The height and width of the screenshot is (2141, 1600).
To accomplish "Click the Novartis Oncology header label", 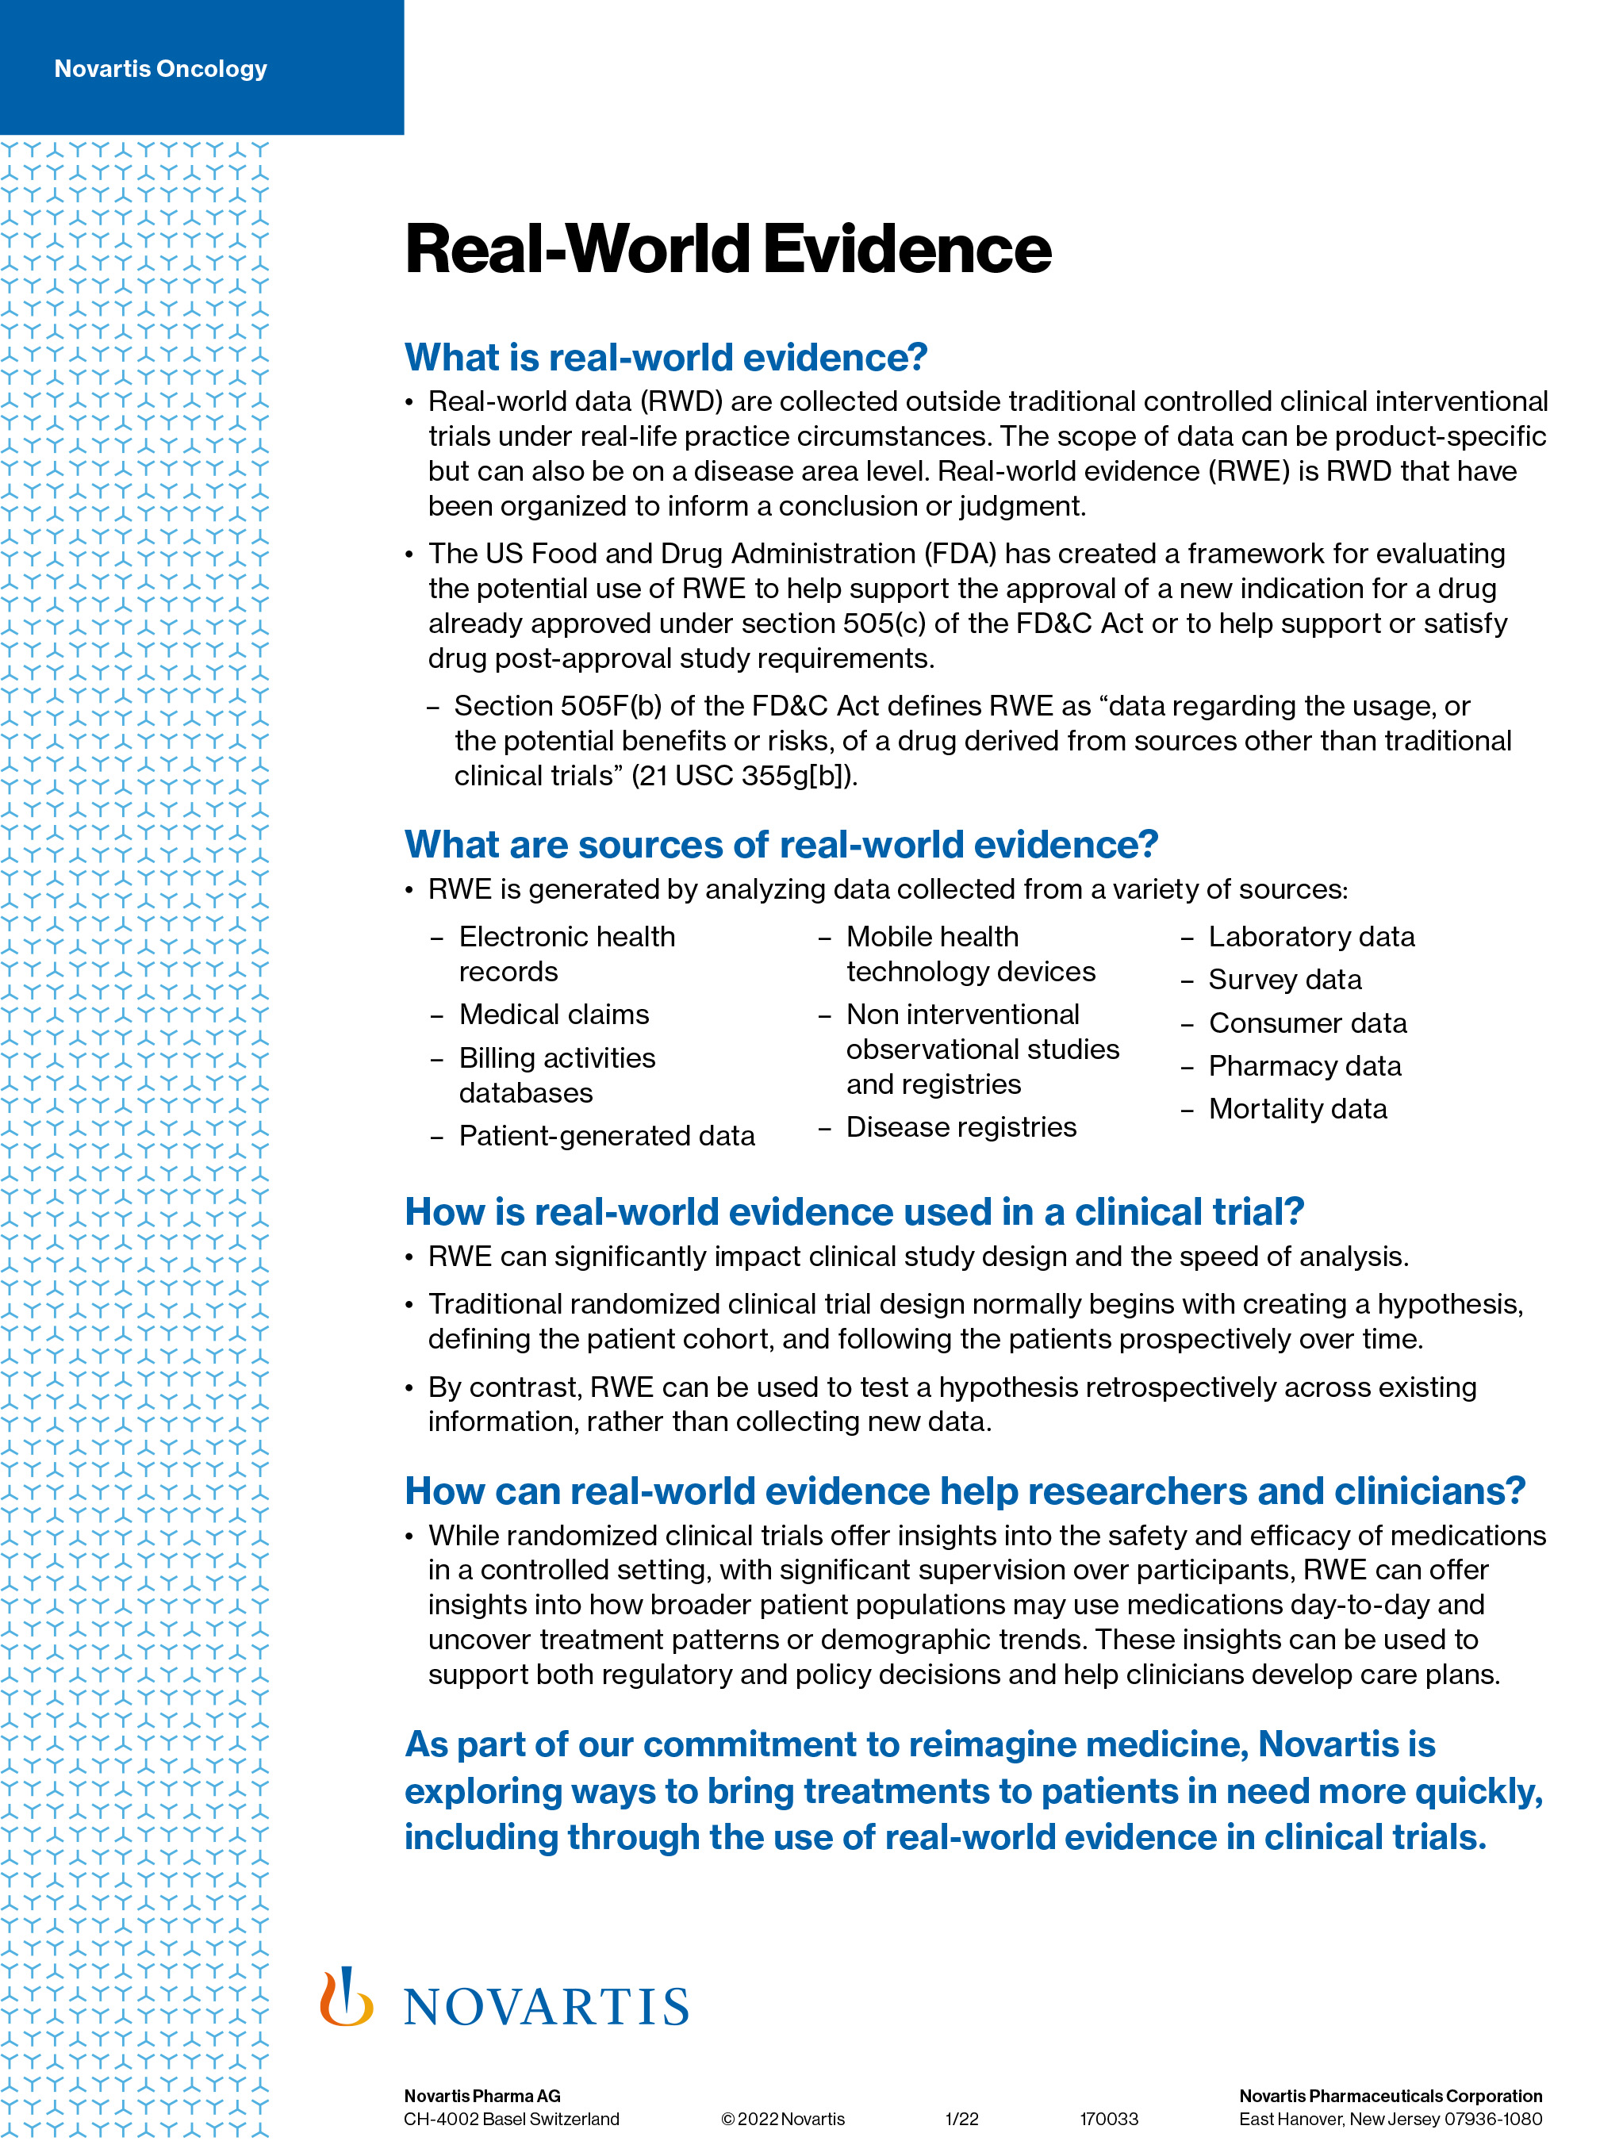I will (161, 69).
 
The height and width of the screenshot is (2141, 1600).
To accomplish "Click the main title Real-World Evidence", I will (728, 249).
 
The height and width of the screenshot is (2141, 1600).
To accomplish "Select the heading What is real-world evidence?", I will (666, 357).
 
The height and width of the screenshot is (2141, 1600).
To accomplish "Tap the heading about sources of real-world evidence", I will (781, 844).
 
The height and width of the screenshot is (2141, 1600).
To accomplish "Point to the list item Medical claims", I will (554, 1015).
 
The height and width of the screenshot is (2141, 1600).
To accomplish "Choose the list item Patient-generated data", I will (607, 1135).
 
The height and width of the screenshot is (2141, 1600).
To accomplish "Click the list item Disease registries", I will (961, 1126).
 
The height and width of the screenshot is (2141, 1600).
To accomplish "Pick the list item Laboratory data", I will (1311, 937).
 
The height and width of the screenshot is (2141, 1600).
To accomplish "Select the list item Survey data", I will (1284, 980).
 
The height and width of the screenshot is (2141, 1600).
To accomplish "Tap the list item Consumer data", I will (1307, 1023).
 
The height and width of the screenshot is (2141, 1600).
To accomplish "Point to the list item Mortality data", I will (1298, 1108).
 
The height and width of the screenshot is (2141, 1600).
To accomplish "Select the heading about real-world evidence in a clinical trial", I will (854, 1212).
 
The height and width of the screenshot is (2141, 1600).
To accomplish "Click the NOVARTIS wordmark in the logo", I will (547, 2008).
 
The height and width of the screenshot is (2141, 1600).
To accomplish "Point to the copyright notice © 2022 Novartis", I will (783, 2119).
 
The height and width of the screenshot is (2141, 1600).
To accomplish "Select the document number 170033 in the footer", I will (1109, 2119).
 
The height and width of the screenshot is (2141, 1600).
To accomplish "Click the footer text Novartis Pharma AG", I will (482, 2096).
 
